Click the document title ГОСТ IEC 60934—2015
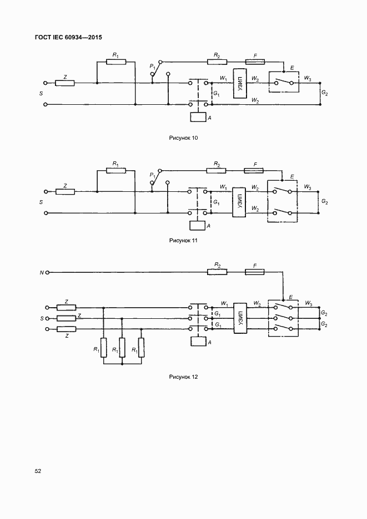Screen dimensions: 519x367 (68, 37)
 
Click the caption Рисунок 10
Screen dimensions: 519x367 (183, 138)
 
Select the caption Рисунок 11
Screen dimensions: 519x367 (183, 241)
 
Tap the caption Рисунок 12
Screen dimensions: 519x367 (183, 377)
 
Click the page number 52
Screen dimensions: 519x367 (38, 471)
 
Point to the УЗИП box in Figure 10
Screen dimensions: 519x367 (240, 84)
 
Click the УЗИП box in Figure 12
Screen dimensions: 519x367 (240, 318)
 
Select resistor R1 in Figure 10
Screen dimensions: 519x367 (115, 62)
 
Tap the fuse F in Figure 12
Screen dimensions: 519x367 (254, 272)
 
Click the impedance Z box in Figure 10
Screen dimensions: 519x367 (65, 83)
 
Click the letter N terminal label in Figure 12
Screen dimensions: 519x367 (41, 273)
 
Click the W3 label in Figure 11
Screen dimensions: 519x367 (308, 187)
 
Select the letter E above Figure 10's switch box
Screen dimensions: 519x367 (284, 68)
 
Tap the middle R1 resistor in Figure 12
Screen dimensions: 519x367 (122, 348)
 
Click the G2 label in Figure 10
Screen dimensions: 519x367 (324, 94)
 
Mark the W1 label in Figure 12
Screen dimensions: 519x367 (224, 303)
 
